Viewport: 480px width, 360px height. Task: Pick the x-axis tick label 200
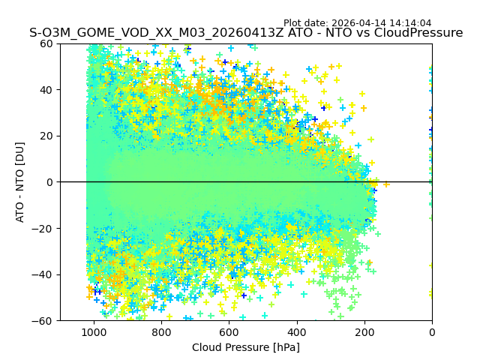click(364, 332)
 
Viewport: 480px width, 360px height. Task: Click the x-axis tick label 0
click(432, 332)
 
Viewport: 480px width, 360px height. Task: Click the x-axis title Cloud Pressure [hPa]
click(246, 347)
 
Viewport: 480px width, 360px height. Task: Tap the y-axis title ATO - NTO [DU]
click(20, 182)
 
